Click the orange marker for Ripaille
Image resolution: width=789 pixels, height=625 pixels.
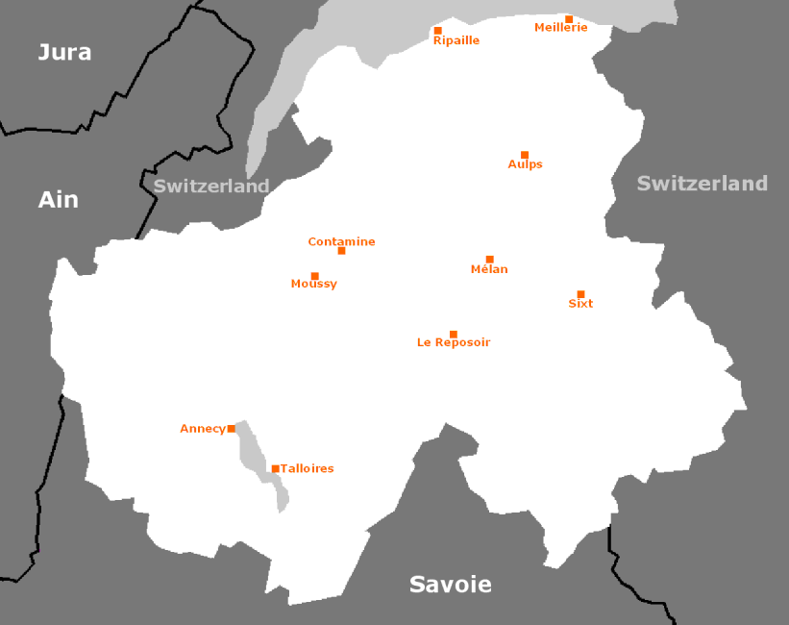pyautogui.click(x=437, y=31)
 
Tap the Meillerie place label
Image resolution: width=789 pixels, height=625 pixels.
pyautogui.click(x=560, y=28)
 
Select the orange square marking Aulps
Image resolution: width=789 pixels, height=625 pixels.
pyautogui.click(x=525, y=155)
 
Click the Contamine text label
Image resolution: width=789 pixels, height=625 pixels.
pyautogui.click(x=341, y=241)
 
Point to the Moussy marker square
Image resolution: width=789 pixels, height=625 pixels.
pyautogui.click(x=314, y=276)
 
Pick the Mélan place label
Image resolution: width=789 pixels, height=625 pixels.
pyautogui.click(x=489, y=269)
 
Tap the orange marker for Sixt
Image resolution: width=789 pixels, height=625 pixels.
pyautogui.click(x=580, y=294)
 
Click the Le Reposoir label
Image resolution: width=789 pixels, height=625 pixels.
pyautogui.click(x=454, y=342)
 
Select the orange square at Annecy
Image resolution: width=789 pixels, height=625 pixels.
pyautogui.click(x=231, y=429)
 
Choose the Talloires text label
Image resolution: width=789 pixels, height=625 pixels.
pyautogui.click(x=307, y=468)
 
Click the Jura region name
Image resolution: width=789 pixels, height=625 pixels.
pyautogui.click(x=64, y=52)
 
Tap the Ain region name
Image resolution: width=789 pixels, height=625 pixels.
pyautogui.click(x=58, y=200)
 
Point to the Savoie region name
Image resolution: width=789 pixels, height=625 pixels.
pyautogui.click(x=450, y=584)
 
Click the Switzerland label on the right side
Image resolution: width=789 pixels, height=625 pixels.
pyautogui.click(x=702, y=183)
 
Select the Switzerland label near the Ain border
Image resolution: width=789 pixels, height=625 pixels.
pyautogui.click(x=211, y=186)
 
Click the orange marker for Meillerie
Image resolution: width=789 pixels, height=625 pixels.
pyautogui.click(x=569, y=19)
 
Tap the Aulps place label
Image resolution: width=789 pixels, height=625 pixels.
pyautogui.click(x=525, y=164)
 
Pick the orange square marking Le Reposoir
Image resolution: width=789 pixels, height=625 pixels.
pyautogui.click(x=454, y=335)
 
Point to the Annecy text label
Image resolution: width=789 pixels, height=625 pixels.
pyautogui.click(x=202, y=429)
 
